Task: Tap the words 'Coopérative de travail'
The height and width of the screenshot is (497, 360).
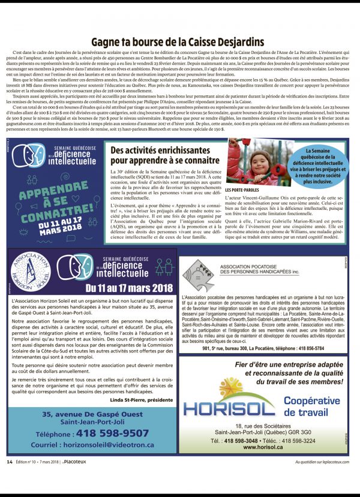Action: click(x=311, y=406)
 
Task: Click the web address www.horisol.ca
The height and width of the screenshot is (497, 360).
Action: click(x=263, y=447)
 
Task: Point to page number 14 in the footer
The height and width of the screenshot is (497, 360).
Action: click(x=10, y=462)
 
